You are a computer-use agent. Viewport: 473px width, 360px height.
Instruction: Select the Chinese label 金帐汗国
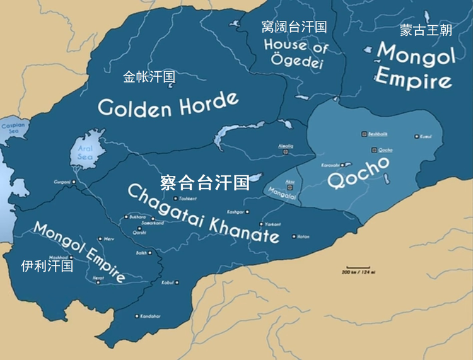pyautogui.click(x=149, y=77)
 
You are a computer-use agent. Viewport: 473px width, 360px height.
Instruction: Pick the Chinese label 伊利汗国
pyautogui.click(x=47, y=265)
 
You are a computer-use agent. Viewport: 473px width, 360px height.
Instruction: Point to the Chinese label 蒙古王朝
pyautogui.click(x=426, y=30)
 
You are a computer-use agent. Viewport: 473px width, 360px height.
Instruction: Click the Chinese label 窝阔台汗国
pyautogui.click(x=294, y=26)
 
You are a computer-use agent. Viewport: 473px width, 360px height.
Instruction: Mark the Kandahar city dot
pyautogui.click(x=136, y=316)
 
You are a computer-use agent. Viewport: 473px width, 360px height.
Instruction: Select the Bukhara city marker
pyautogui.click(x=126, y=218)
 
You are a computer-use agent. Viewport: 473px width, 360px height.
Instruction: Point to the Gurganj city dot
pyautogui.click(x=74, y=182)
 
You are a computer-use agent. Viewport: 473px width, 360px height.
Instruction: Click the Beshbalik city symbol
pyautogui.click(x=365, y=134)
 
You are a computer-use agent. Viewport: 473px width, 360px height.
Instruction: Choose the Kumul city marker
pyautogui.click(x=416, y=136)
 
